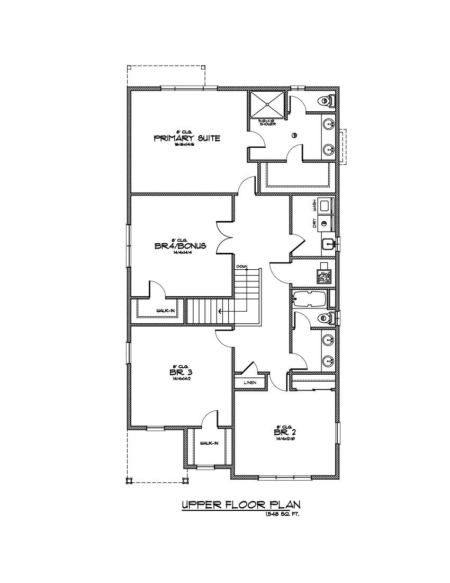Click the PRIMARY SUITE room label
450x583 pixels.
186,139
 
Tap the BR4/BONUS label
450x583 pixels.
180,246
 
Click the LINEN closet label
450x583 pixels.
250,382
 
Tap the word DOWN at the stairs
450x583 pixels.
241,266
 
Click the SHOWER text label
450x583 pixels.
268,124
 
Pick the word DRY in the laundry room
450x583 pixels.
314,224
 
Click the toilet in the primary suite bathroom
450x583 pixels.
326,100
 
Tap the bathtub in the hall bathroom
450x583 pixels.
310,299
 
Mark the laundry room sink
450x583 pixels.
328,244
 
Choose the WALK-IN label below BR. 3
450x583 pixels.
209,443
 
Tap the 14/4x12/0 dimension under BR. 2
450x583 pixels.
284,439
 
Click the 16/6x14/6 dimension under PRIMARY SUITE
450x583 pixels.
186,145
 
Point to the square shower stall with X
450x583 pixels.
267,105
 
